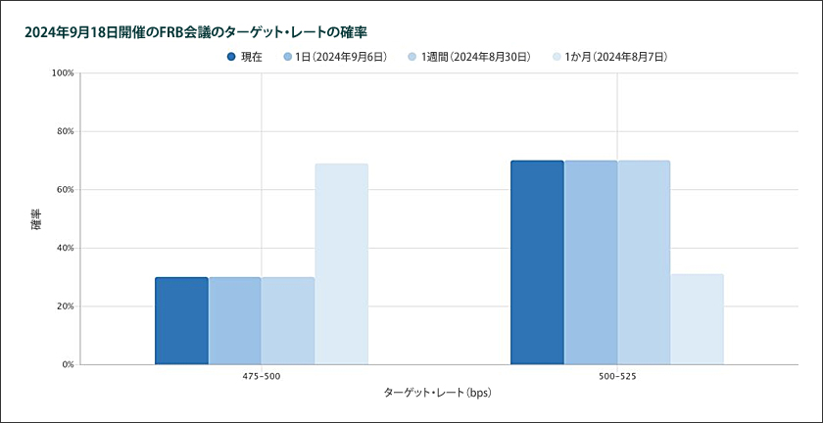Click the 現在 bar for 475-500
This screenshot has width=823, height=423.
click(181, 321)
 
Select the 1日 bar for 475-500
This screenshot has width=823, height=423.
click(234, 321)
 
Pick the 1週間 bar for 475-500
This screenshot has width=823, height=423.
click(288, 321)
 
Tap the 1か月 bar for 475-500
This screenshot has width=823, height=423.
click(341, 264)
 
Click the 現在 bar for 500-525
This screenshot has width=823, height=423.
click(537, 262)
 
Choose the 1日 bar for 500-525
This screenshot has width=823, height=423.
click(590, 262)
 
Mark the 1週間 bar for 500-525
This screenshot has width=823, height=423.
click(644, 262)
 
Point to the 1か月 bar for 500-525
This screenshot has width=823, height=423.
click(697, 319)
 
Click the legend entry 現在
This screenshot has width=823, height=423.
click(244, 57)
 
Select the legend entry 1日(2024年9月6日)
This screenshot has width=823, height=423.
click(333, 57)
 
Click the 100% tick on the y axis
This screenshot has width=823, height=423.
click(63, 72)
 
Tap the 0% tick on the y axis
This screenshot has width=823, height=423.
click(68, 364)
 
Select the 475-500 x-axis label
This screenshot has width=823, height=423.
click(262, 375)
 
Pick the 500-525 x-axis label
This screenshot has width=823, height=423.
click(617, 375)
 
